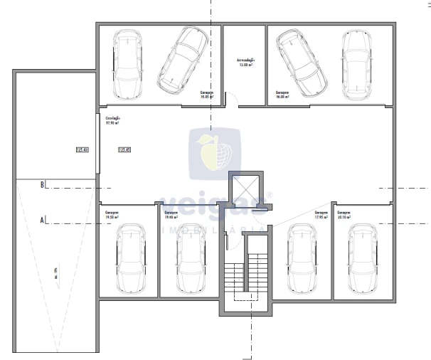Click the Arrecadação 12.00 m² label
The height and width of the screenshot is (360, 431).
[x=245, y=63]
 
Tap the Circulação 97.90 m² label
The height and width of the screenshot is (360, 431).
[x=112, y=120]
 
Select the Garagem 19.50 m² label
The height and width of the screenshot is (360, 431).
[x=112, y=214]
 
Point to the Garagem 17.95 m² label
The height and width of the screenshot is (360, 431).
[x=321, y=214]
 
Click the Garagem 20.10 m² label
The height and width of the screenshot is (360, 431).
[x=344, y=214]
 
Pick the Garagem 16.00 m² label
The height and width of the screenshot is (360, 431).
[x=282, y=94]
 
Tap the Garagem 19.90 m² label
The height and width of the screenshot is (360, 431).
[x=171, y=214]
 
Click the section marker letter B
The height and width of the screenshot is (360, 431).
[x=43, y=185]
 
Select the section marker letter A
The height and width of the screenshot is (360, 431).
[x=43, y=221]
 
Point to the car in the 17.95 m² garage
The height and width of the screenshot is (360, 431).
[x=302, y=259]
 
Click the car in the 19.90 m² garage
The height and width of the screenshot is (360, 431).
[x=190, y=259]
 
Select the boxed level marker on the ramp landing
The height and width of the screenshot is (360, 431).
[x=82, y=150]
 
